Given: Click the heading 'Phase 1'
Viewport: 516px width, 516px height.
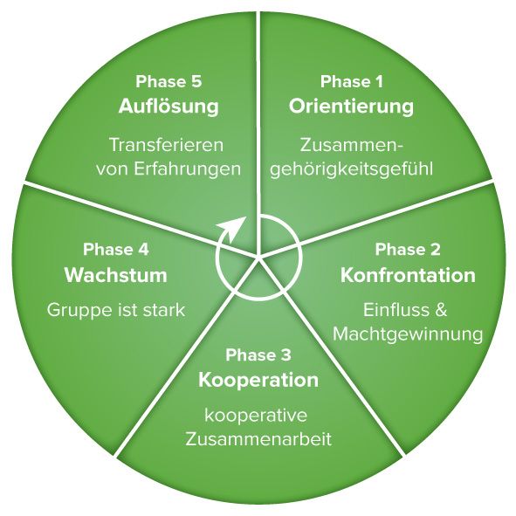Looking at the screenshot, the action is point(352,81).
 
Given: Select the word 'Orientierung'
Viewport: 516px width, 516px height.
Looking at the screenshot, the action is point(351,107).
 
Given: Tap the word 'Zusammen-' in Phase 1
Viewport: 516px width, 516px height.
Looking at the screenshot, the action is point(352,145).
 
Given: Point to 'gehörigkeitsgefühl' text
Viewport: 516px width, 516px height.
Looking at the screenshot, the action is point(352,169).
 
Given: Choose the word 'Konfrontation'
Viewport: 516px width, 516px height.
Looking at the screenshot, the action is point(408,275).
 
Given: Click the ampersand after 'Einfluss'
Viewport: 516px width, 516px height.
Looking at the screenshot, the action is point(441,310).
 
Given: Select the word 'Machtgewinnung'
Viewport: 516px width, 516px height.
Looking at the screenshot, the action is point(408,334).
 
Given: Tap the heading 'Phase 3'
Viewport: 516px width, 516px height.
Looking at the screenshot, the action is point(258,355).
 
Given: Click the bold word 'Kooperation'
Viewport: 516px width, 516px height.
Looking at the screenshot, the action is point(258,381).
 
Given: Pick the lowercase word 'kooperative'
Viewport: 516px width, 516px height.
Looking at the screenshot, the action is point(256,415).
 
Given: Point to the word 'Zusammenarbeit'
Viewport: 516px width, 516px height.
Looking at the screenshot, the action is point(258,439).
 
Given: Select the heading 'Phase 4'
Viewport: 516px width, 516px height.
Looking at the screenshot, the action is point(116,250).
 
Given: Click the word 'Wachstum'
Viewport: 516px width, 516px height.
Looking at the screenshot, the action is point(116,275).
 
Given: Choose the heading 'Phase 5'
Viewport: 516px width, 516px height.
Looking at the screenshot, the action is point(169,81).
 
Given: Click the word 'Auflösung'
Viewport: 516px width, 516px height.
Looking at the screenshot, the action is point(169,106).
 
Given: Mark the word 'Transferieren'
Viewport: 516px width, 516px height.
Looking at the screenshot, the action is point(166,145).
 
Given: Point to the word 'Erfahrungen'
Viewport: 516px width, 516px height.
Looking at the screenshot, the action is point(188,169).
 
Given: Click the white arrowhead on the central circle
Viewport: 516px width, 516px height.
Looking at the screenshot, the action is point(234,226).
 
